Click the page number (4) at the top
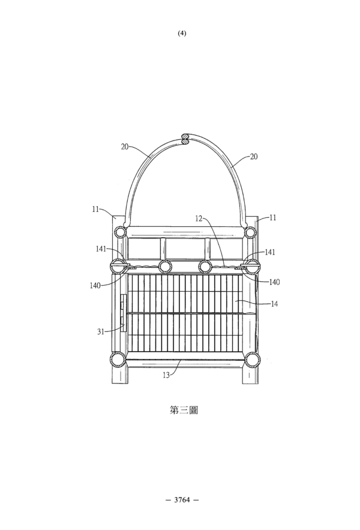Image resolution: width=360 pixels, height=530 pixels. click(182, 33)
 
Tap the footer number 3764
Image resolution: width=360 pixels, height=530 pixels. click(182, 499)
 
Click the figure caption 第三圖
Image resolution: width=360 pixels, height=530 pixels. click(183, 410)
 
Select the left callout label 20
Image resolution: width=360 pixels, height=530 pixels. click(125, 146)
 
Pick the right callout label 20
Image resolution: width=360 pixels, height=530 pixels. click(254, 157)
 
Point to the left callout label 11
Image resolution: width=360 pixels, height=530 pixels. click(95, 209)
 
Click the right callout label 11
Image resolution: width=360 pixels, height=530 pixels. click(273, 218)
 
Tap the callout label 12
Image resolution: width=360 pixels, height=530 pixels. click(199, 218)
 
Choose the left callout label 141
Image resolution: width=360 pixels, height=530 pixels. click(101, 249)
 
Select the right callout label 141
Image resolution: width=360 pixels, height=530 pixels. click(270, 252)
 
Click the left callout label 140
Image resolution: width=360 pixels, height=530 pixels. click(95, 286)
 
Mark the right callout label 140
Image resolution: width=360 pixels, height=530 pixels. click(274, 282)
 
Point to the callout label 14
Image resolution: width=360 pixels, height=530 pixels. click(274, 304)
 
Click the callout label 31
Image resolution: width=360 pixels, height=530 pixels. click(101, 332)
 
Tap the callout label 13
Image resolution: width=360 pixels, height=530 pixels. click(166, 375)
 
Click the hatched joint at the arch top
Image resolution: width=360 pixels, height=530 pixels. click(185, 139)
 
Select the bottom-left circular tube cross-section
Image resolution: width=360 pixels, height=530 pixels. click(118, 360)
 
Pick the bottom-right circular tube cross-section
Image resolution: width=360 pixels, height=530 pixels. click(253, 360)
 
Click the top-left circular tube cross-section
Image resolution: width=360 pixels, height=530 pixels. click(119, 232)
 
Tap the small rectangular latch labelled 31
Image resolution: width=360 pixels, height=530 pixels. click(123, 313)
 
